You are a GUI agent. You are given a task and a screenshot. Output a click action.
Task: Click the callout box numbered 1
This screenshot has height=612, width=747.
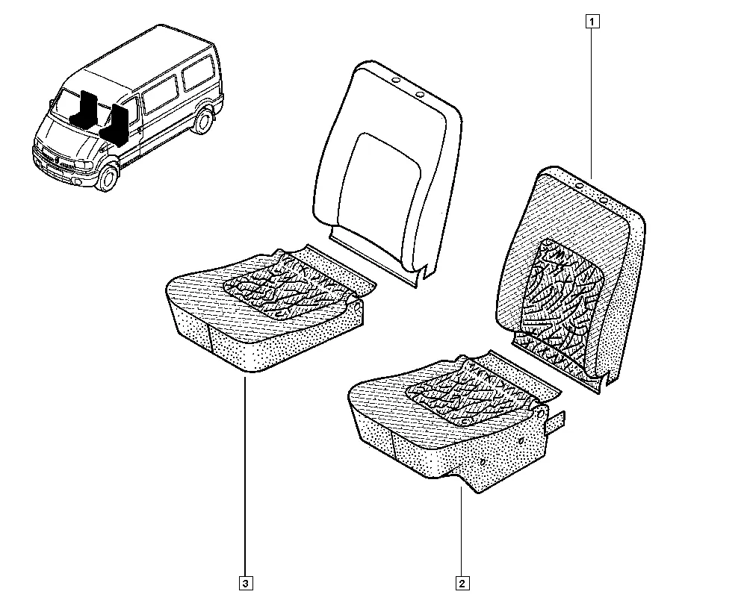pos(592,22)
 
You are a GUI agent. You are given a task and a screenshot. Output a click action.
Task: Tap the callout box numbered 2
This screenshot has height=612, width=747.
pos(462,584)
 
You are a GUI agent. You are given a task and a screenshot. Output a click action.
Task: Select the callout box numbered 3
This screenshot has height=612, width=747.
pos(245,584)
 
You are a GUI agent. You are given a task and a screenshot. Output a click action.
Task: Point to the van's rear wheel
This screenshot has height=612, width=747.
pos(203,120)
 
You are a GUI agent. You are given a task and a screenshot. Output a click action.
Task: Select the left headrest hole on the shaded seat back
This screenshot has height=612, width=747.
pos(580,186)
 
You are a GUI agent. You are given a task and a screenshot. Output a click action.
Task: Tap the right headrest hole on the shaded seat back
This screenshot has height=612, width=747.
pos(603,200)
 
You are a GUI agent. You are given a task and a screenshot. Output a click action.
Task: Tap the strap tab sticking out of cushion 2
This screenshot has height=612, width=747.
pos(556,422)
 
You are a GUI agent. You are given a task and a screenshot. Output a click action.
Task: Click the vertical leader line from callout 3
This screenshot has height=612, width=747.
pos(245,477)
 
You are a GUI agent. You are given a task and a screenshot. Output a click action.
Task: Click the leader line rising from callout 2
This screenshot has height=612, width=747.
pos(461,531)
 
